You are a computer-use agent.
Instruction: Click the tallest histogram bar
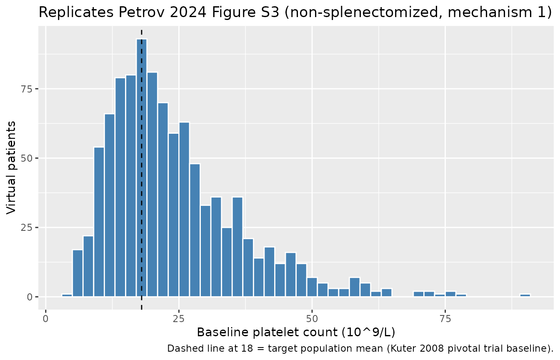(142, 167)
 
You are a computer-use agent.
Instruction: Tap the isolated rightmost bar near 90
(525, 295)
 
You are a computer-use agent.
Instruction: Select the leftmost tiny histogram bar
(67, 295)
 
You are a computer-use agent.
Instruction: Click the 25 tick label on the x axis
(179, 319)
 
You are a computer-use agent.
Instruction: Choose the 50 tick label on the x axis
(312, 319)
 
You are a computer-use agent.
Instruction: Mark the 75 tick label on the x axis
(445, 319)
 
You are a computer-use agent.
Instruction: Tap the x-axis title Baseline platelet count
(296, 332)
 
